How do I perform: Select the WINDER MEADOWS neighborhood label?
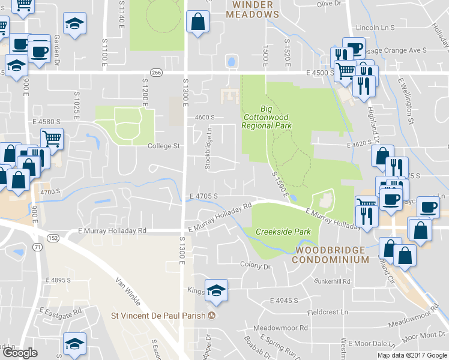coord(252,9)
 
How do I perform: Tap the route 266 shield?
coord(157,73)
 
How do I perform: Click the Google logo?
coord(20,353)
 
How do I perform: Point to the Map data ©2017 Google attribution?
coord(412,355)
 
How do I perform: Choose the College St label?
coord(164,146)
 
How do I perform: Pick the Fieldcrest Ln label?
coord(327,312)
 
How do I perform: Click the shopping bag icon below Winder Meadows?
coord(197,23)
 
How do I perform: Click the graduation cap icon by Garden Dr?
coord(75,25)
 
